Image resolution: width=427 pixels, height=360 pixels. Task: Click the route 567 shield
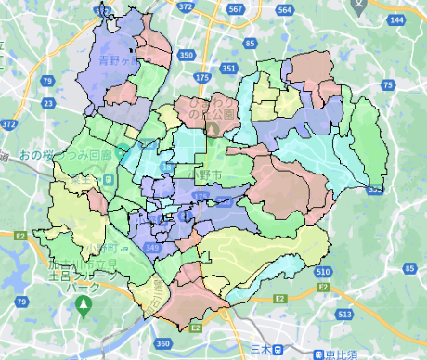coord(236,8)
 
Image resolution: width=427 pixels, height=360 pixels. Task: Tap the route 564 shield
coord(285,9)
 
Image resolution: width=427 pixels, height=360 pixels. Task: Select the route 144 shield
coord(396,19)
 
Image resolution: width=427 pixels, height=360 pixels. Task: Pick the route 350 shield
coord(187,55)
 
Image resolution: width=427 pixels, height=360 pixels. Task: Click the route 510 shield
coord(322,272)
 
